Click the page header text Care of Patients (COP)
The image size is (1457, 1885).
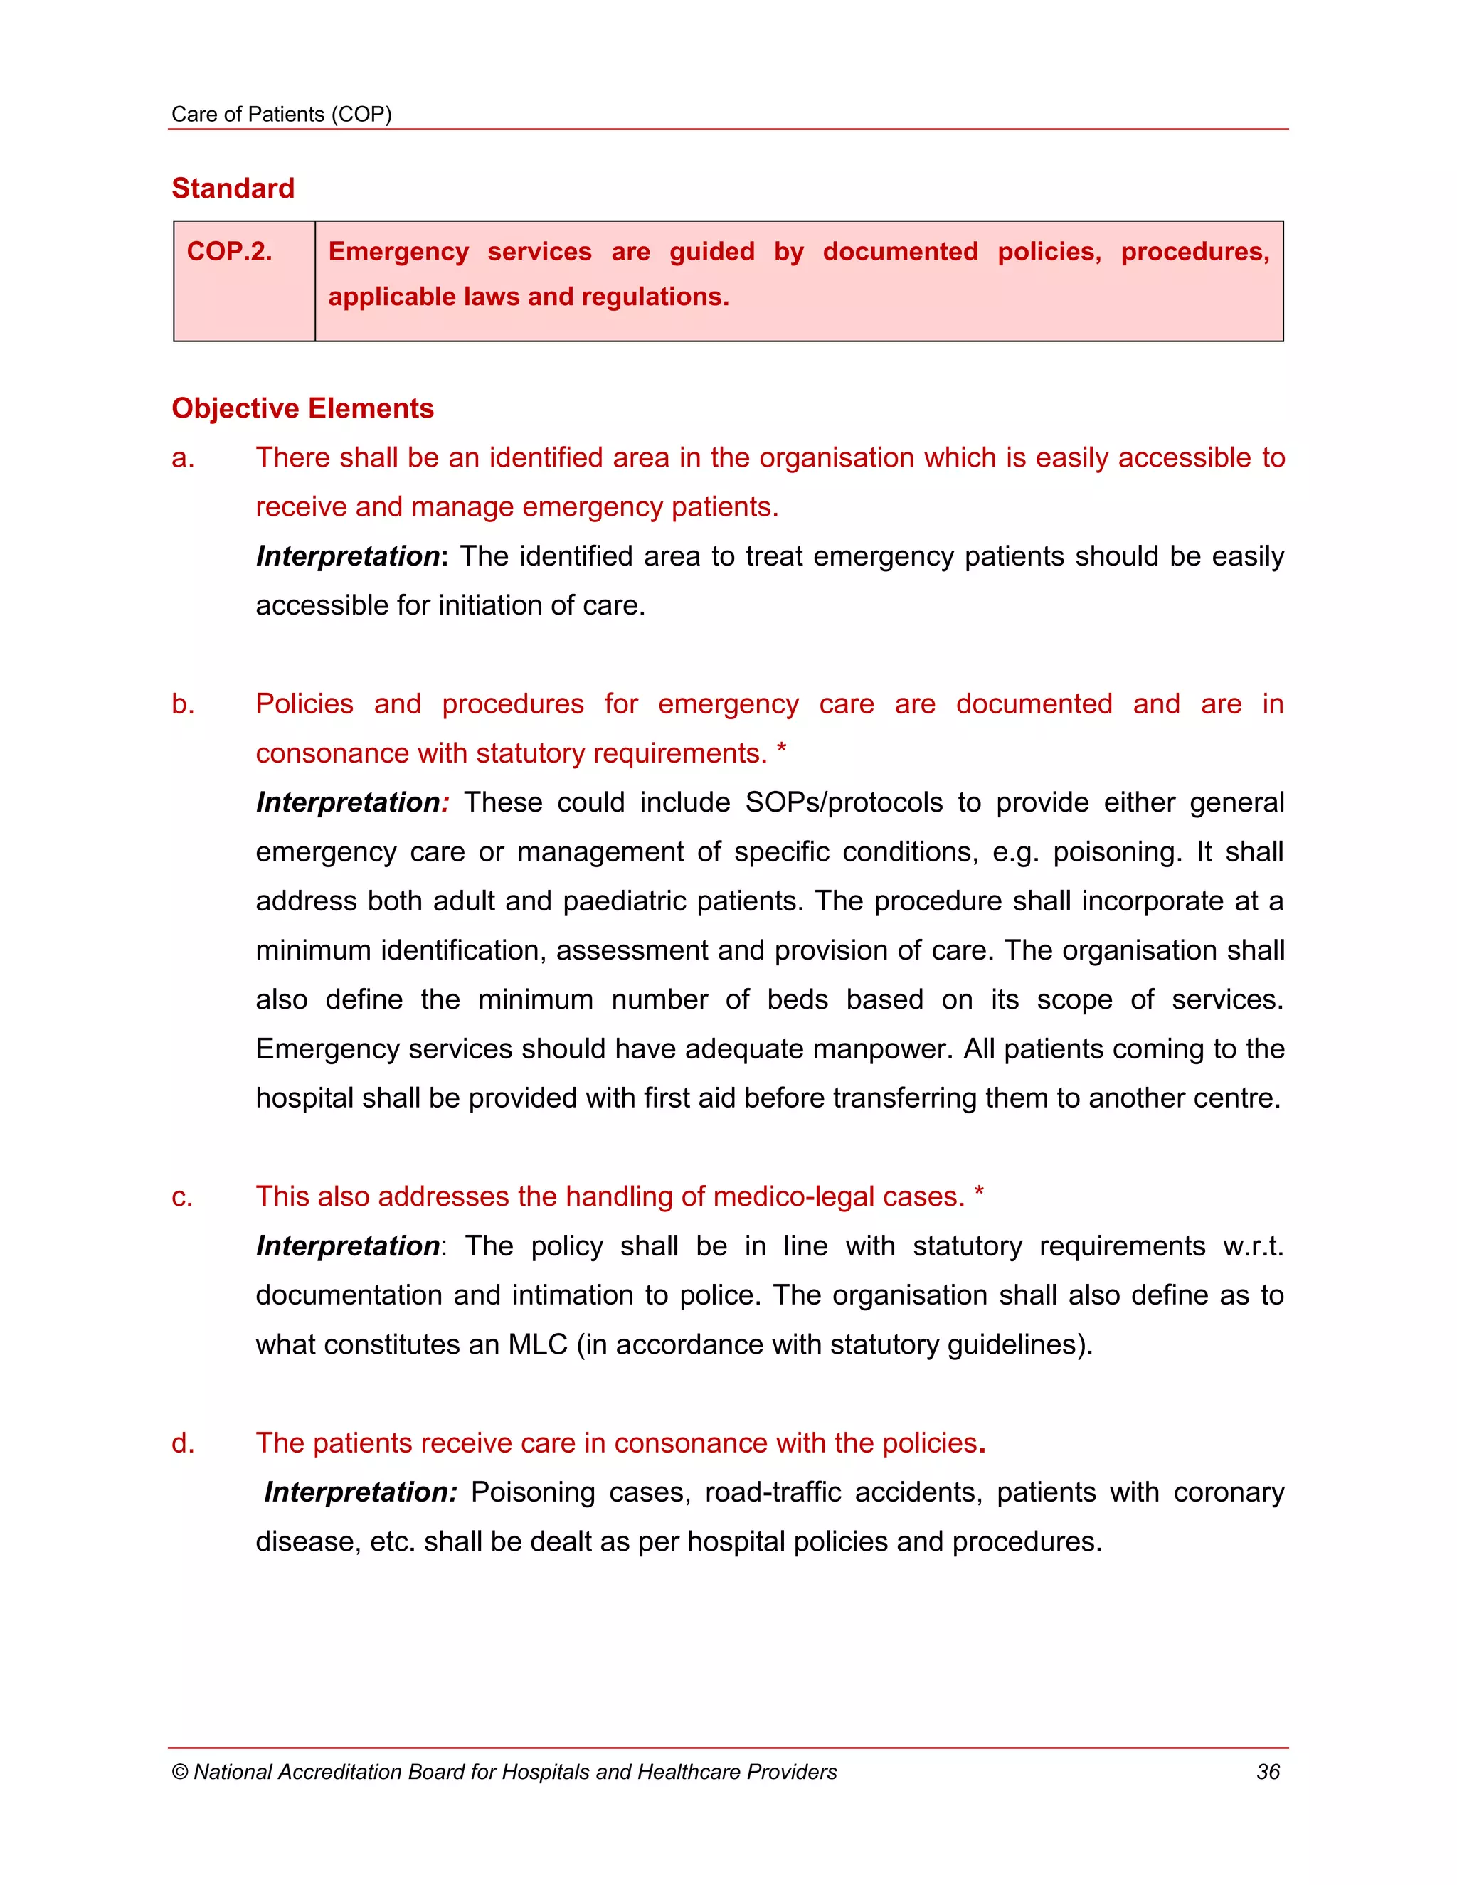click(282, 115)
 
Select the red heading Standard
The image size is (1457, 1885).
click(233, 188)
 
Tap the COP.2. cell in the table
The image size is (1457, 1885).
click(230, 251)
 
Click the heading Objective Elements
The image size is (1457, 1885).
click(302, 408)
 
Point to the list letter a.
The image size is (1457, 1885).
click(182, 458)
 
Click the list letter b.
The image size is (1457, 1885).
click(182, 704)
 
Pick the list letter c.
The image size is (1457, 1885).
click(182, 1197)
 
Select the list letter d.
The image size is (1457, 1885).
click(182, 1443)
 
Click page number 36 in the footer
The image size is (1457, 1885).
click(1267, 1772)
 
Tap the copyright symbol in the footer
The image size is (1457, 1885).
click(179, 1773)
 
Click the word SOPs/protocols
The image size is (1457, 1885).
click(843, 802)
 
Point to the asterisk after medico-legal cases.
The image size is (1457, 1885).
click(979, 1194)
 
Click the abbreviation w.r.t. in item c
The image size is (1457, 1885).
click(1252, 1246)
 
